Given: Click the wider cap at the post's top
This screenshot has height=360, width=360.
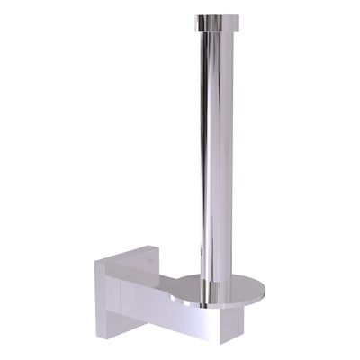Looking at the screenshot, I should (215, 19).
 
